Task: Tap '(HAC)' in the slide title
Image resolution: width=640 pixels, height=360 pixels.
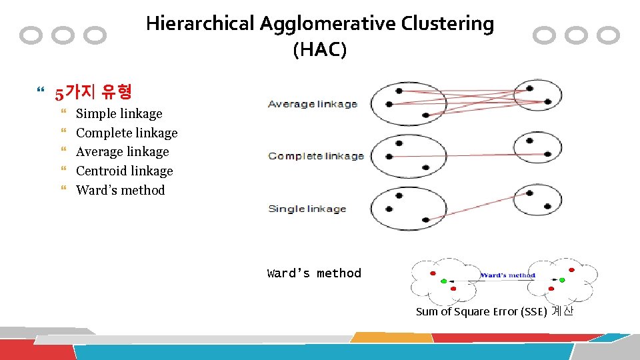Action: (x=320, y=50)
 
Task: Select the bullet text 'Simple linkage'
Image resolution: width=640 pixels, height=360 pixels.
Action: (x=119, y=114)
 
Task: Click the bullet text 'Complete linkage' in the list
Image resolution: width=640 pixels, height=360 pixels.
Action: (x=127, y=133)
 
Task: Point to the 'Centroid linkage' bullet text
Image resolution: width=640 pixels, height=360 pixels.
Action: (x=124, y=171)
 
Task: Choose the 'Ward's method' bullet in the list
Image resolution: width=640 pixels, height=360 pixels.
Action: (x=120, y=191)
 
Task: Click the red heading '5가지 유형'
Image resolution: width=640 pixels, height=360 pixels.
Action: (x=93, y=92)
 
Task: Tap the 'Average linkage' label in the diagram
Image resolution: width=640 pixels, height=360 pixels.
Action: (x=313, y=104)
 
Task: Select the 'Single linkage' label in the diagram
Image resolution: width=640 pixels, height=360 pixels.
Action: (x=307, y=209)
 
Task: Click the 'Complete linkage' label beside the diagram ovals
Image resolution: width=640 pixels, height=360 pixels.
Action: (x=315, y=156)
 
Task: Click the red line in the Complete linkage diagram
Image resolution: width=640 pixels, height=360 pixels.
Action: (x=467, y=155)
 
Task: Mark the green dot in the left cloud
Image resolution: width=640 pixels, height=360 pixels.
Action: (x=444, y=281)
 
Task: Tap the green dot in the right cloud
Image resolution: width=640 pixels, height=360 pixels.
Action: (x=562, y=280)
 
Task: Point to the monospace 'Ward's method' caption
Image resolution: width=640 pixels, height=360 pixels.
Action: (x=314, y=273)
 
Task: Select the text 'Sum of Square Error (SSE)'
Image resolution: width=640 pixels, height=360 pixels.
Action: (x=481, y=311)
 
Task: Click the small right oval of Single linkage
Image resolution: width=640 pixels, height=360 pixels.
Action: (x=539, y=198)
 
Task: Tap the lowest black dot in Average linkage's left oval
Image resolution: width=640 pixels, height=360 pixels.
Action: (x=425, y=115)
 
